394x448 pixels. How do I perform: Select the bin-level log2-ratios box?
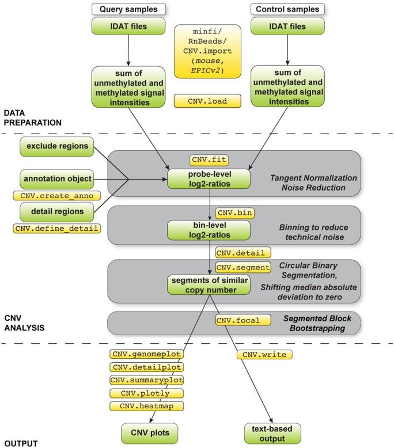tap(209, 231)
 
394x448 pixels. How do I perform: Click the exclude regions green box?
tap(56, 146)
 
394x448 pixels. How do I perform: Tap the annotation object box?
tap(56, 179)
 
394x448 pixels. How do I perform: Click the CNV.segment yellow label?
tap(243, 267)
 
